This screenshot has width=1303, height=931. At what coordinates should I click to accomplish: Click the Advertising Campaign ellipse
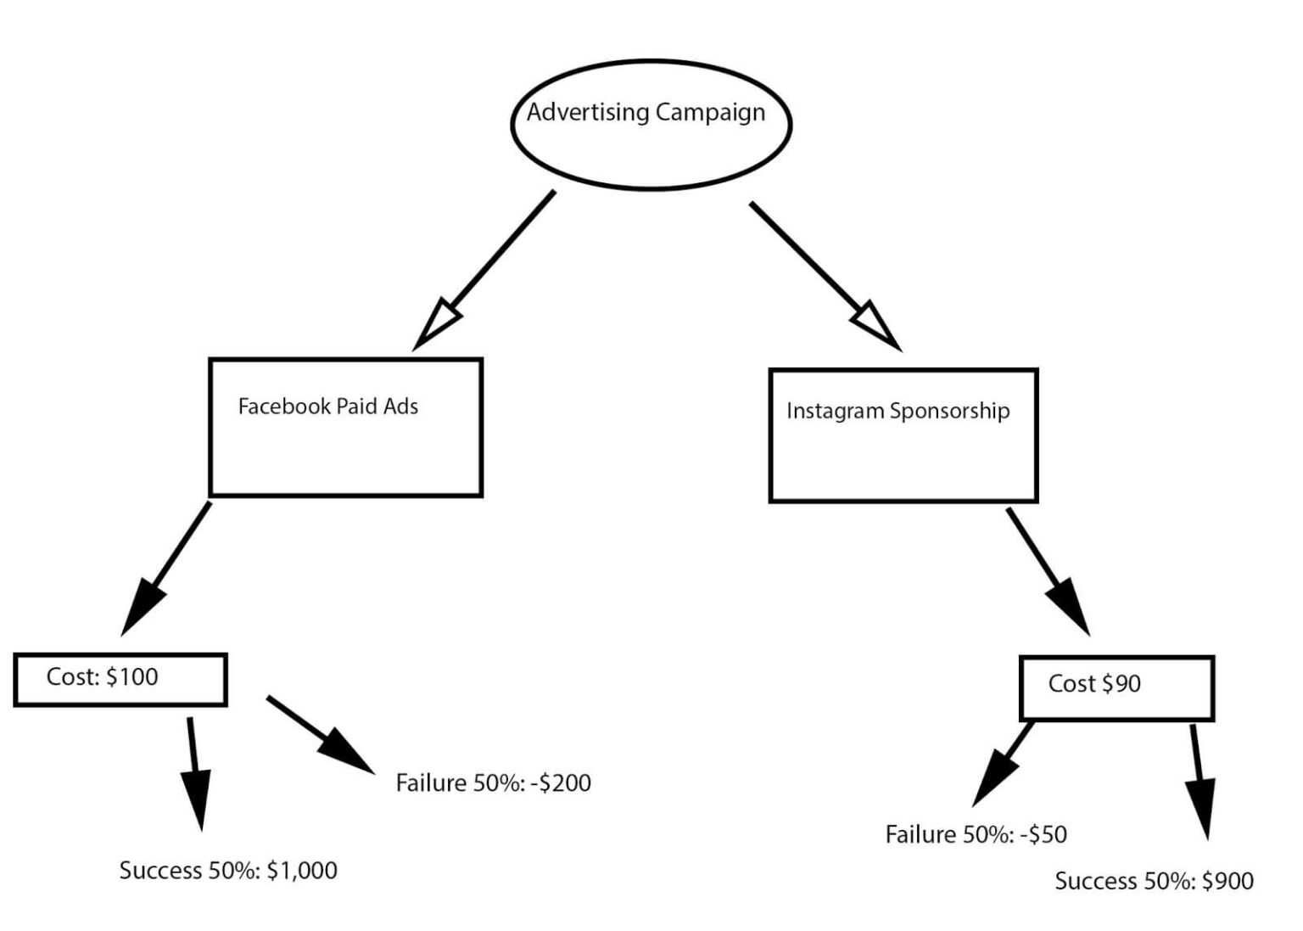(651, 125)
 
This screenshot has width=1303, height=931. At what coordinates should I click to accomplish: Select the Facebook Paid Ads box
(345, 428)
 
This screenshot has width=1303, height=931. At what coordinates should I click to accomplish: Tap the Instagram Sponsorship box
(903, 435)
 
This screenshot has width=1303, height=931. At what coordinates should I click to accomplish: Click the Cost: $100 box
(120, 679)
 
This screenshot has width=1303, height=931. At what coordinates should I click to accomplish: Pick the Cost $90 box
(1116, 687)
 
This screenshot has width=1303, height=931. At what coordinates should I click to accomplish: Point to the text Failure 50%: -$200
(493, 782)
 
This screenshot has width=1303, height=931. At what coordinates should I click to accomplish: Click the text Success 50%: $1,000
(228, 871)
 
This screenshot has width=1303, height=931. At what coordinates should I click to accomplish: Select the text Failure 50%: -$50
(976, 834)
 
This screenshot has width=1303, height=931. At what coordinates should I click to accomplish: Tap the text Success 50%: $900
(1154, 881)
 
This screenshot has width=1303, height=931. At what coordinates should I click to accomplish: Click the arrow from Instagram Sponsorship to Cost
(1047, 570)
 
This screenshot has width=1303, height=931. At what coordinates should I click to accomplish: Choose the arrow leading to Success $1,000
(195, 772)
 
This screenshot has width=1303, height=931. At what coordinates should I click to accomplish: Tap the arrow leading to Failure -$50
(1004, 763)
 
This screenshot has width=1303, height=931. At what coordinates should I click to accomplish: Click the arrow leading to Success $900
(1200, 781)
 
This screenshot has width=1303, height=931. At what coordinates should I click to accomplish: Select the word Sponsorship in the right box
(949, 412)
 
